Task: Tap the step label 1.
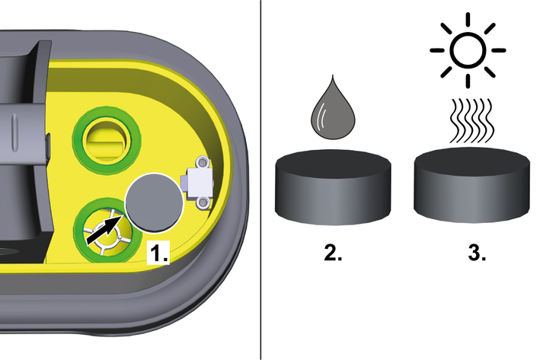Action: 158,253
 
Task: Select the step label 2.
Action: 333,253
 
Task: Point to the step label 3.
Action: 477,253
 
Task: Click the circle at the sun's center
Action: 468,50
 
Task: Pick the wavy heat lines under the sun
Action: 471,120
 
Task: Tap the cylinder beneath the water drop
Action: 333,187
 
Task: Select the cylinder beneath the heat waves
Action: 471,185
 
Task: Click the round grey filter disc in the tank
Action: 154,202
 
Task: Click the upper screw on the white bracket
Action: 203,161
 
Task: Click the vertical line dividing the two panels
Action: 260,180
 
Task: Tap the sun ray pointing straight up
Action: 468,19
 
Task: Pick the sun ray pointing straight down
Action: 468,81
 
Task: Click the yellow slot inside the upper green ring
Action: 106,140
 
